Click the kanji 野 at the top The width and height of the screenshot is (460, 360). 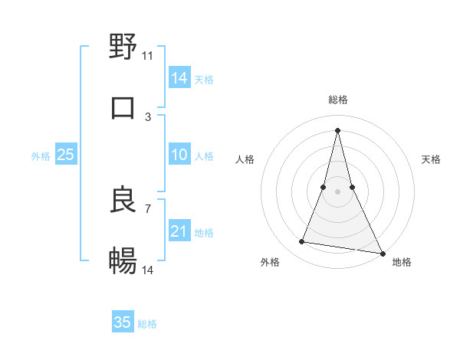123,47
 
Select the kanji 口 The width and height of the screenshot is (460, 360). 123,108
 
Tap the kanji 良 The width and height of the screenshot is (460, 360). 123,200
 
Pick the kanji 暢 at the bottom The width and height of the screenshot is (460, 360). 123,261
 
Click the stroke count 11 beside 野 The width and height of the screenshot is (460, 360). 148,55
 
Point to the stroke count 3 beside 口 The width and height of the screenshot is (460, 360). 148,116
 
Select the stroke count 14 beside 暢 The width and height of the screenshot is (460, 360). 148,270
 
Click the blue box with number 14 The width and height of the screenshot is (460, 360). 179,77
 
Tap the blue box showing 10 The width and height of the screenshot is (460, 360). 179,155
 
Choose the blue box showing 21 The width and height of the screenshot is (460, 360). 179,231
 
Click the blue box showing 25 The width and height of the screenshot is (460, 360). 66,155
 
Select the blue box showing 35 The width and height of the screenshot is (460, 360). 123,322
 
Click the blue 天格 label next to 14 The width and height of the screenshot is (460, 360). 204,80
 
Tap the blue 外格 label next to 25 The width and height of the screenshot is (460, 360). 41,156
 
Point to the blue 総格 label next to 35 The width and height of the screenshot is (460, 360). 147,324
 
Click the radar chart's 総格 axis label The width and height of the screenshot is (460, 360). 337,100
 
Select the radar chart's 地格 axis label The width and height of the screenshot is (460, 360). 402,262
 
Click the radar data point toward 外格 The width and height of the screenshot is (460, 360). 302,242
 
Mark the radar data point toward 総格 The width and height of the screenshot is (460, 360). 337,129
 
